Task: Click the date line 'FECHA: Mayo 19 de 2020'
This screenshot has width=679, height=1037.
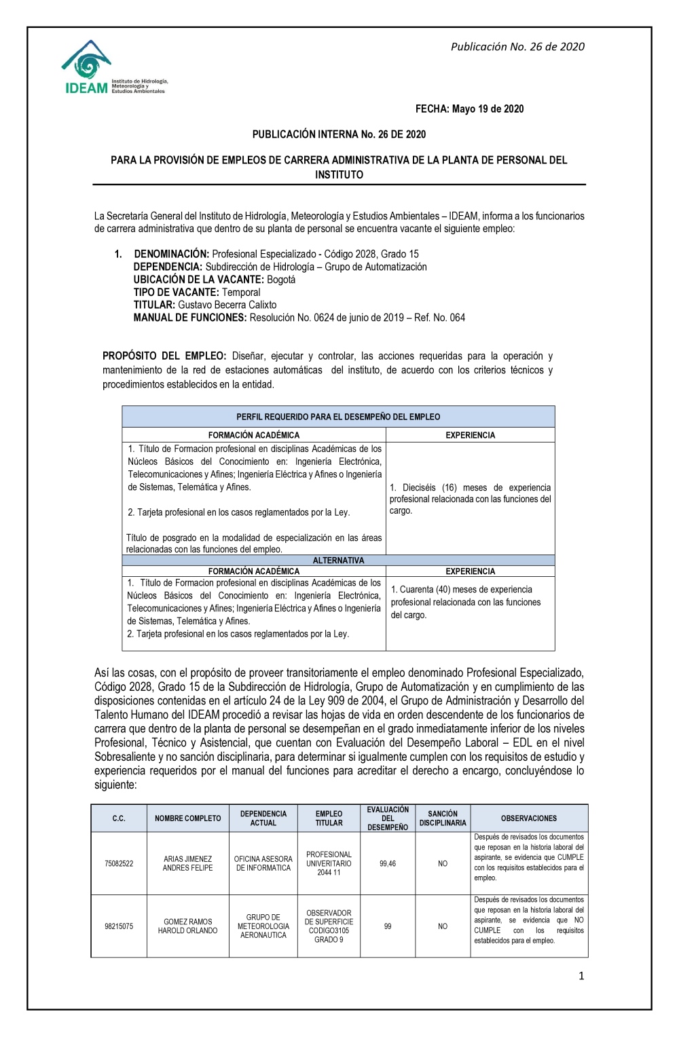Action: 469,109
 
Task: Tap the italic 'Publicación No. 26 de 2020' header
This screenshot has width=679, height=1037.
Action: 517,47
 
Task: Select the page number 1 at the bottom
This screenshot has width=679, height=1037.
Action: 581,976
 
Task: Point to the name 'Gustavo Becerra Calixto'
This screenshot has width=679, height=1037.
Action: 227,305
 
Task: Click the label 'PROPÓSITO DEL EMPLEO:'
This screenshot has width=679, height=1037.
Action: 164,356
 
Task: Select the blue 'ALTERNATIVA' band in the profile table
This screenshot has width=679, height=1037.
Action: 338,561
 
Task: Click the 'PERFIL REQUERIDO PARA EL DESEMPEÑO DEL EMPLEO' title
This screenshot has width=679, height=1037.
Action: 338,417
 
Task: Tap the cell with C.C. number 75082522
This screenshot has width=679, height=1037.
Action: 119,863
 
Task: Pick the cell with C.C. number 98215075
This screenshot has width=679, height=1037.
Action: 119,926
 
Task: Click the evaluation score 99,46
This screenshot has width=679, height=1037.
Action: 388,863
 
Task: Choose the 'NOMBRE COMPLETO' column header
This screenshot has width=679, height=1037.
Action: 187,818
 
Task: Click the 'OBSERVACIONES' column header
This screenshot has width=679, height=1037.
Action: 529,818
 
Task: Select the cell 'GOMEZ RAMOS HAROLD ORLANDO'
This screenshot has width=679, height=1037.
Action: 187,926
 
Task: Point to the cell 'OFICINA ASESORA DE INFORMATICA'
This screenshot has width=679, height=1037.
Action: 263,863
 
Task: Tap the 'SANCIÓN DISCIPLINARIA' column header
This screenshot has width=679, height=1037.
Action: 443,818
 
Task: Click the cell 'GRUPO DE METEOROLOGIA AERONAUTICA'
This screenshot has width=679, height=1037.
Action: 263,926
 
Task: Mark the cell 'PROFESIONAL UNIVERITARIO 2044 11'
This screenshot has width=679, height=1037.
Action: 329,863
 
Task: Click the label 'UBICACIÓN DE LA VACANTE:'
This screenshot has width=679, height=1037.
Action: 198,280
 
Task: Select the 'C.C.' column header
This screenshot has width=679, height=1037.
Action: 119,818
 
